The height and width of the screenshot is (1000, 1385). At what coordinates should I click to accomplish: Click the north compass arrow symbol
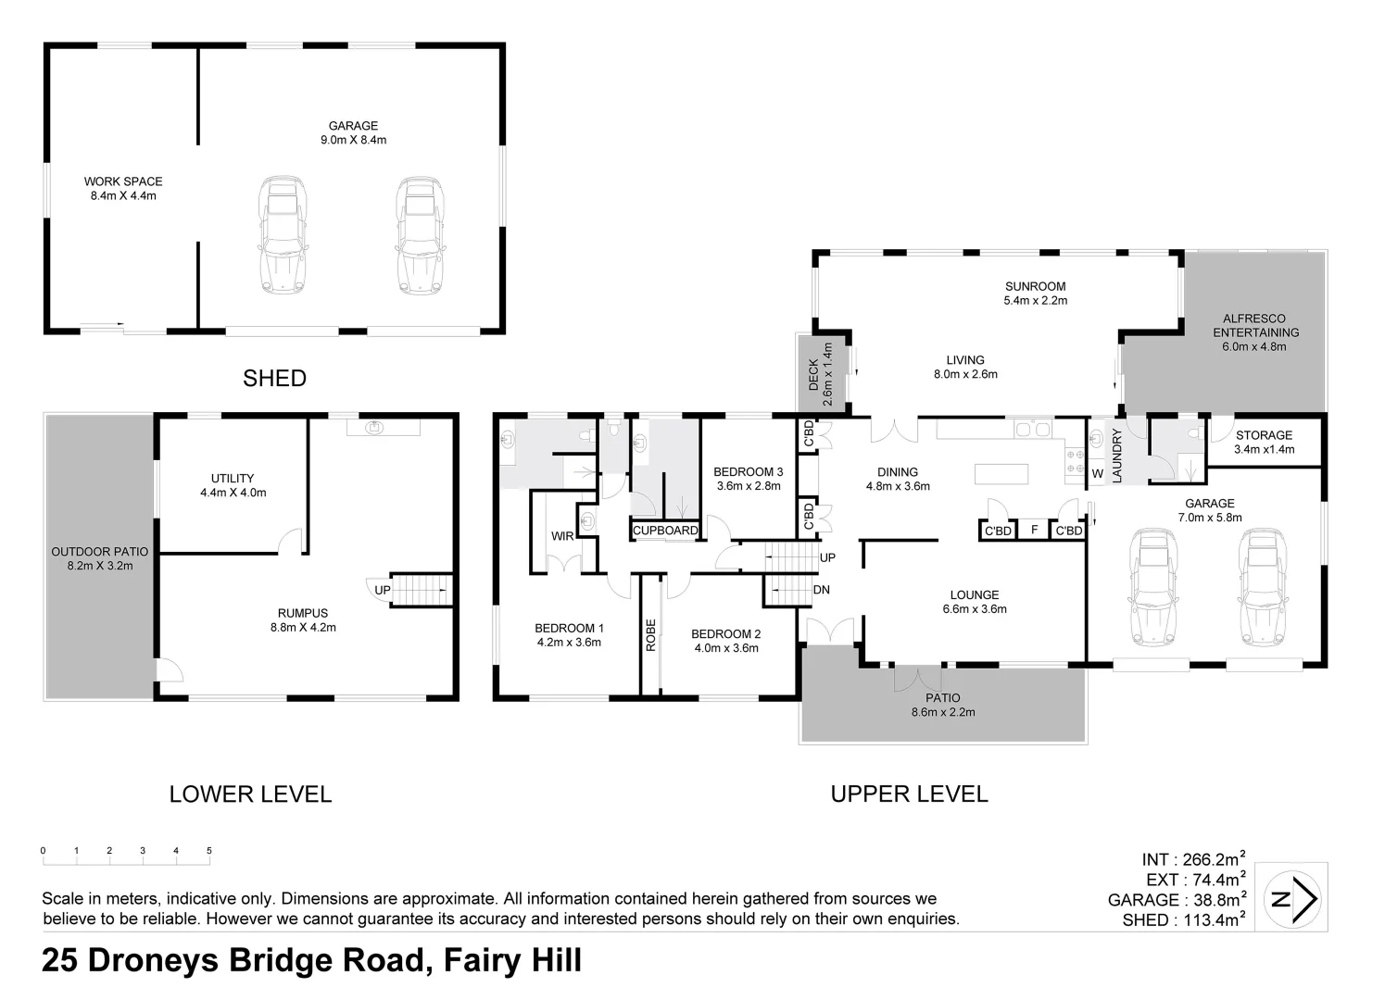(x=1295, y=897)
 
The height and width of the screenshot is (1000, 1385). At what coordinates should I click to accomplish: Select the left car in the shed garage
(x=283, y=235)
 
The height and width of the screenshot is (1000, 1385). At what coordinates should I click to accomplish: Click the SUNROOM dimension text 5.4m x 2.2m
(x=1035, y=301)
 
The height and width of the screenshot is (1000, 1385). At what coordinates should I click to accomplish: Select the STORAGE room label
(x=1264, y=435)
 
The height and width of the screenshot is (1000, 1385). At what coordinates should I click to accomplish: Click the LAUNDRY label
(x=1116, y=455)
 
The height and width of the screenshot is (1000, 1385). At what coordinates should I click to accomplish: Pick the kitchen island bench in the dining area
(x=1001, y=474)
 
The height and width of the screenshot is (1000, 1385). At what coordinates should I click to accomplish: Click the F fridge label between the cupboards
(x=1034, y=531)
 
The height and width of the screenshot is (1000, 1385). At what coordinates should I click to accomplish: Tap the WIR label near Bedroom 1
(x=562, y=536)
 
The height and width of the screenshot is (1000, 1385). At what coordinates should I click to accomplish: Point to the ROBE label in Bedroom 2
(x=651, y=635)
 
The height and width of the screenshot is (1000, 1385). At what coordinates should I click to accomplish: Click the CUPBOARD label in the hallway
(x=665, y=531)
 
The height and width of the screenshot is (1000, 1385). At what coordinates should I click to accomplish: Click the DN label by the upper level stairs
(x=821, y=590)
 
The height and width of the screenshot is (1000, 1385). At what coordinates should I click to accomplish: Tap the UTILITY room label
(x=233, y=479)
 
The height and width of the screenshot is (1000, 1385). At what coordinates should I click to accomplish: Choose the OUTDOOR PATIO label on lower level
(x=99, y=552)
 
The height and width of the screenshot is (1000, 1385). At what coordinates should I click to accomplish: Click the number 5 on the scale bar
(x=209, y=851)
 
